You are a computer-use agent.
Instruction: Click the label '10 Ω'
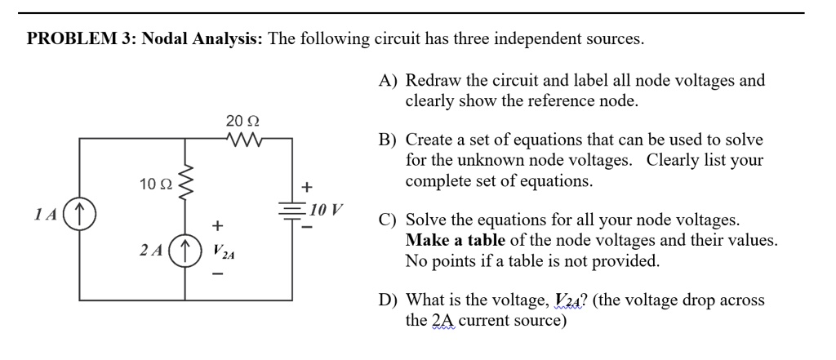pos(155,185)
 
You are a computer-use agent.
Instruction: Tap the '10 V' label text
pos(328,209)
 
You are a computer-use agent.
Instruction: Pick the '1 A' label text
pos(46,215)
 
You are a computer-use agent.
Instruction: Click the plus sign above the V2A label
pos(217,224)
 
